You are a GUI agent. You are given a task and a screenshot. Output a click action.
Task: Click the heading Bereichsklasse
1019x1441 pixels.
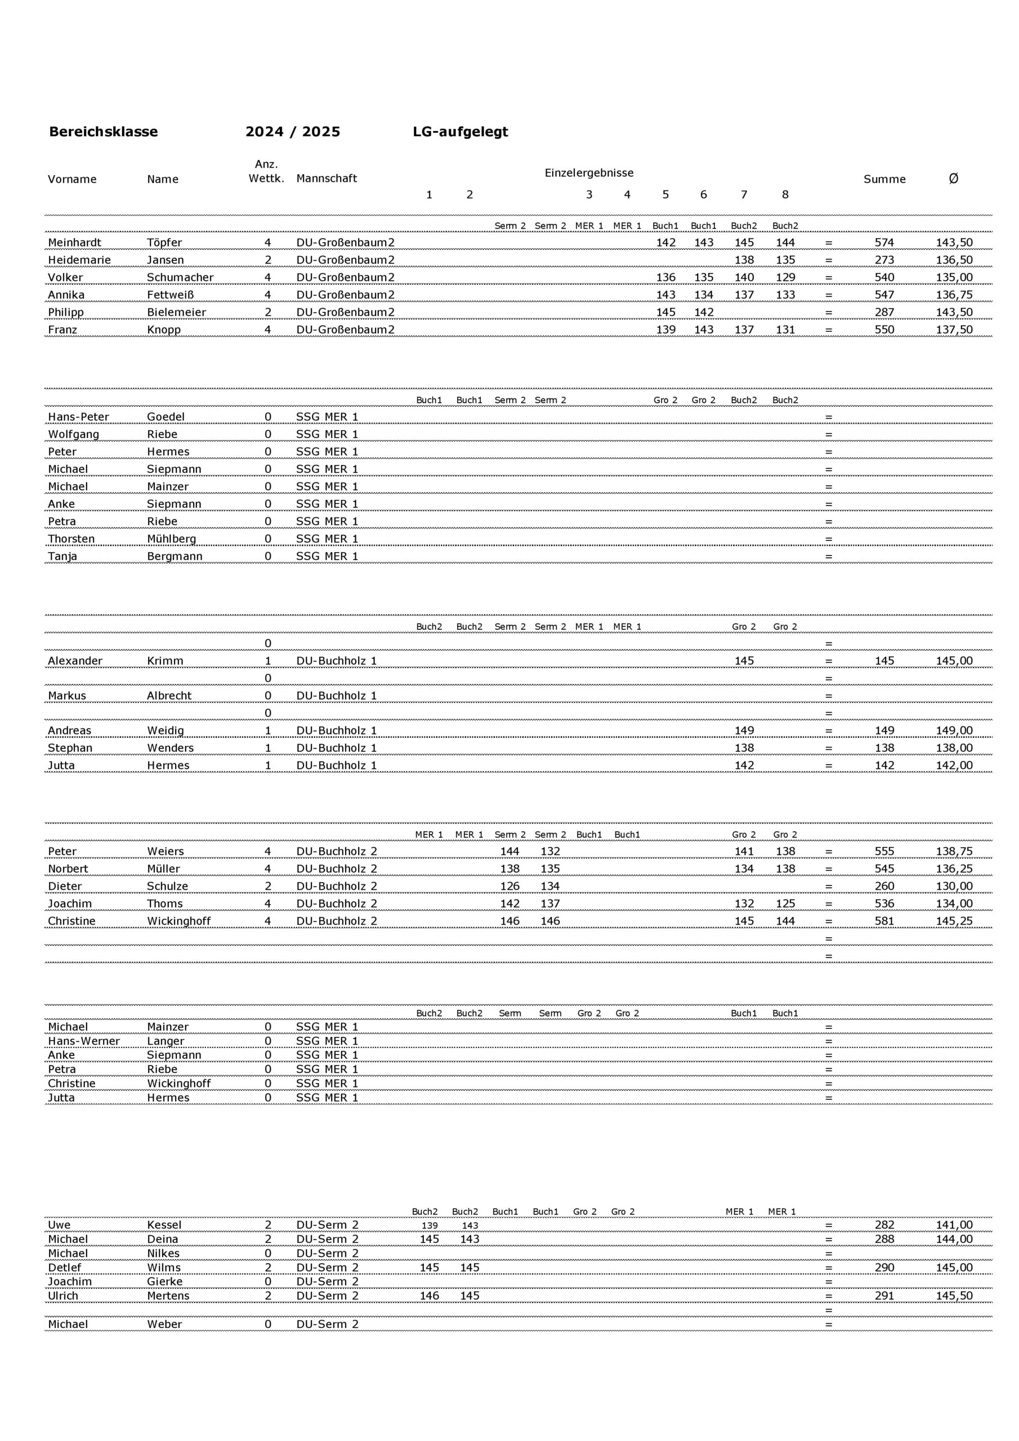(103, 132)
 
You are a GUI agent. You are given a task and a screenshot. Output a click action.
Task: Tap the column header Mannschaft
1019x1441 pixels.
(327, 178)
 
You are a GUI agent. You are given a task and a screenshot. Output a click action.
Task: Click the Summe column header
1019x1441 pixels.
(884, 179)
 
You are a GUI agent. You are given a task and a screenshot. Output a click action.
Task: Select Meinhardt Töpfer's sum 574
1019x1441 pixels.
(884, 243)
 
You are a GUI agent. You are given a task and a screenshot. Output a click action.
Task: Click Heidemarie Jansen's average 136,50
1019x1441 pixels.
(954, 260)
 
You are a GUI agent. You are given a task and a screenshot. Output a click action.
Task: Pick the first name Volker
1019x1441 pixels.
(65, 278)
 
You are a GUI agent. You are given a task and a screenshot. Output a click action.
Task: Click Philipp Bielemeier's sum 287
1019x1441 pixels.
(884, 312)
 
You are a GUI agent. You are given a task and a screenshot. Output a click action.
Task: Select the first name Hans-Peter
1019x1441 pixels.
(78, 417)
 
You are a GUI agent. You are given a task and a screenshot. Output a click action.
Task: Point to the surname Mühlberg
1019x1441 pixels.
(171, 539)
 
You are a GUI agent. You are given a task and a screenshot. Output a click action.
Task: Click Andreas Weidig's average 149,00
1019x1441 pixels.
(954, 731)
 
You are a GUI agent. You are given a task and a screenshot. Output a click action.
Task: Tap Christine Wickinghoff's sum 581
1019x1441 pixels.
(884, 921)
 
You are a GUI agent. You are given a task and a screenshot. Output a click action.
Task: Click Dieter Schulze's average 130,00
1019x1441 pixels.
(954, 886)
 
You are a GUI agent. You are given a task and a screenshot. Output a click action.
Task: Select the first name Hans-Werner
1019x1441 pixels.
(83, 1041)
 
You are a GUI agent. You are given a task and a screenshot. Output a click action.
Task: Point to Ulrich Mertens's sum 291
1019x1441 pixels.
(884, 1295)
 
